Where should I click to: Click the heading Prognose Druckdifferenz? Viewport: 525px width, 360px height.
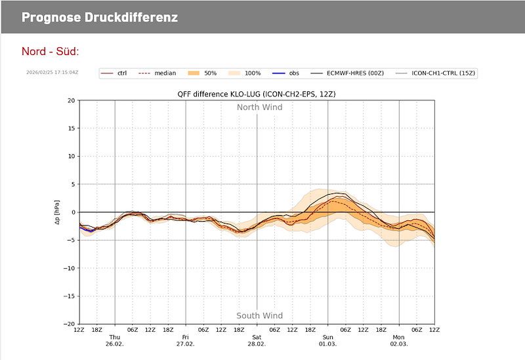[99, 17]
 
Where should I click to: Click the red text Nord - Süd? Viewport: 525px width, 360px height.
[51, 52]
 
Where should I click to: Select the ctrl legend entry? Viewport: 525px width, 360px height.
[115, 73]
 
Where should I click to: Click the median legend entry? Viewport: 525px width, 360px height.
[157, 73]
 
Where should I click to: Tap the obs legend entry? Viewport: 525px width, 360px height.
[286, 73]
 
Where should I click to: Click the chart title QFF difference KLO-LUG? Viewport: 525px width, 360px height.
[257, 94]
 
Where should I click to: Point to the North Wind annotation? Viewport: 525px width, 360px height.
[260, 108]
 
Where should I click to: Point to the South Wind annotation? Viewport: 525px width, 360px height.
[260, 316]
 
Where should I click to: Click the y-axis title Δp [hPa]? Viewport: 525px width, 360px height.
[58, 212]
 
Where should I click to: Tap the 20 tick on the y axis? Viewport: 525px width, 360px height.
[70, 101]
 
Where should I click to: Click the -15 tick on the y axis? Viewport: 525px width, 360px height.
[68, 296]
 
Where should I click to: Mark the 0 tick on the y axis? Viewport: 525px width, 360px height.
[72, 212]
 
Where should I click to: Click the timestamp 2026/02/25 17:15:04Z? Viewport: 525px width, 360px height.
[52, 73]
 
